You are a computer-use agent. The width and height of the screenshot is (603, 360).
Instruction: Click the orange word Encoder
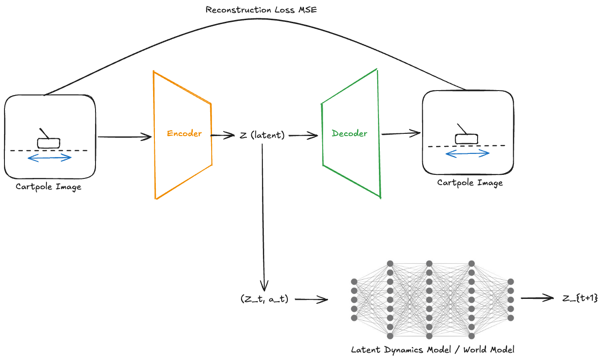tap(184, 133)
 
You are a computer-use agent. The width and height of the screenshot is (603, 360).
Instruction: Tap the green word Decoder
tap(349, 133)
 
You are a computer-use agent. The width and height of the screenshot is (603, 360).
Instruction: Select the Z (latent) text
tap(262, 135)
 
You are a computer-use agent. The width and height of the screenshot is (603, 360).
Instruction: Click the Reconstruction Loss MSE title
tap(261, 9)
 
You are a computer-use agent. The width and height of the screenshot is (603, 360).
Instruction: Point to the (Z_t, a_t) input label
tap(264, 299)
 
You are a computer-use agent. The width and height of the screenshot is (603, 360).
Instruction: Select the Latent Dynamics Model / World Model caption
tap(432, 349)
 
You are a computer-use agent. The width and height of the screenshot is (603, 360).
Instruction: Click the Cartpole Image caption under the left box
tap(49, 186)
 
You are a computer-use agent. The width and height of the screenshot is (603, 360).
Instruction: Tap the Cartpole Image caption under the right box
tap(470, 182)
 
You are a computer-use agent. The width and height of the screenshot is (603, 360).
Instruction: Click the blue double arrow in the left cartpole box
tap(50, 158)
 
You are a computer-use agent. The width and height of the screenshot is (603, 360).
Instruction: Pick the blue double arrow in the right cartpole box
tap(467, 153)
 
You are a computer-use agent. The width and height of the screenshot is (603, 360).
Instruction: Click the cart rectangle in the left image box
tap(48, 143)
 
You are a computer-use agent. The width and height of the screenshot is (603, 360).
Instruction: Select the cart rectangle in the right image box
tap(466, 139)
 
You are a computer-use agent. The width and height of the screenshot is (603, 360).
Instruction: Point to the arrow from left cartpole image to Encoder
tap(124, 137)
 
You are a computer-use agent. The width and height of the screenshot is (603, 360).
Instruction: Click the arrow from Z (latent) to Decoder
tap(303, 136)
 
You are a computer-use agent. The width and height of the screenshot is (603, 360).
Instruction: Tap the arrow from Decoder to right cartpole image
tap(401, 133)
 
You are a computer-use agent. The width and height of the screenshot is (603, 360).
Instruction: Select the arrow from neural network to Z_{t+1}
tap(537, 298)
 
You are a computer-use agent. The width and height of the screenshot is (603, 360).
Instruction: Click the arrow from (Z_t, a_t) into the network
tap(311, 300)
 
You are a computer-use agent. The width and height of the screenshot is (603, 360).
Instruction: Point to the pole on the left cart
tap(44, 133)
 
